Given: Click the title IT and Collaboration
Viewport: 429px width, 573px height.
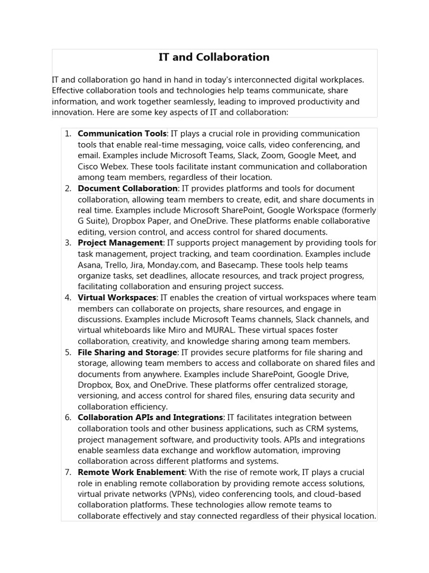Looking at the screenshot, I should click(x=214, y=57).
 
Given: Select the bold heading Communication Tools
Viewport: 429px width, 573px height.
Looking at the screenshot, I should click(x=122, y=134).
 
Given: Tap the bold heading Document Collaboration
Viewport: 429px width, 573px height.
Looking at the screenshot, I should click(x=127, y=189).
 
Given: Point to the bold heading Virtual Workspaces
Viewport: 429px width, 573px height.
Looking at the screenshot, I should click(x=117, y=298).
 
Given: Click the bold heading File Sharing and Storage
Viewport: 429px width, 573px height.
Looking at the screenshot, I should click(x=127, y=353).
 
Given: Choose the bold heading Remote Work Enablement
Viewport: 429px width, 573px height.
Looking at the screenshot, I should click(x=131, y=472).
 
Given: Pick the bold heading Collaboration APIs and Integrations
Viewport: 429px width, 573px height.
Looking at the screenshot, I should click(x=150, y=417).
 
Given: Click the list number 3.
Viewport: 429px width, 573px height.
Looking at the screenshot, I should click(x=68, y=243).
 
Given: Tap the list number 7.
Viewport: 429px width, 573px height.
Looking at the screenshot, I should click(x=68, y=472).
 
